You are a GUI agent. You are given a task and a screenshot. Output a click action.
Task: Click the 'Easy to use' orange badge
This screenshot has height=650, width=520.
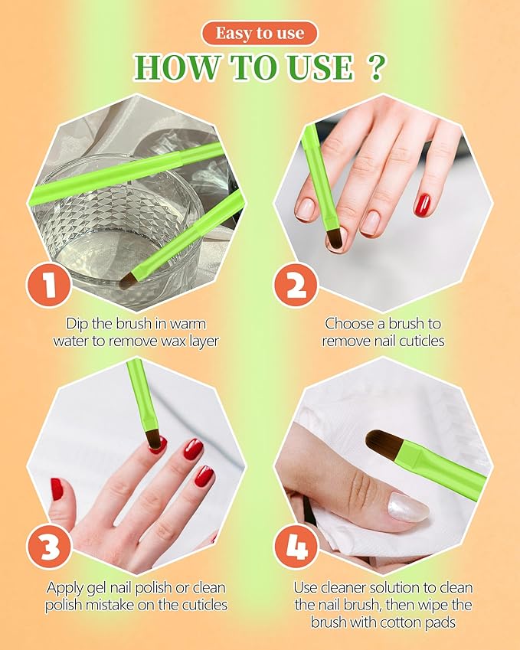[x=260, y=33]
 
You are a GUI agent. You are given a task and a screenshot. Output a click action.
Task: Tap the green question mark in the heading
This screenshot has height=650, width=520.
[x=376, y=67]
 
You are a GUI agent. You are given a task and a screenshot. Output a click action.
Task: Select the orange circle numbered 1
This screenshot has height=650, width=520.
[x=48, y=286]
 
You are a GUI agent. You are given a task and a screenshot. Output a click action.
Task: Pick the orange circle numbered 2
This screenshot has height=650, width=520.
[x=296, y=286]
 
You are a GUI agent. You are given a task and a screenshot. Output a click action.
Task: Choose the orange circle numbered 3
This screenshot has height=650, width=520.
[x=49, y=547]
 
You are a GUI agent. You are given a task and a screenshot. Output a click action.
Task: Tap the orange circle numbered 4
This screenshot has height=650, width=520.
[x=296, y=547]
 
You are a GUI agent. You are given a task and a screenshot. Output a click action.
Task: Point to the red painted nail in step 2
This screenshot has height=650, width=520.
[x=423, y=205]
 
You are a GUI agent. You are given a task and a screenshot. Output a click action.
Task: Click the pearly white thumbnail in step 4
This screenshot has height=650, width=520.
[x=407, y=507]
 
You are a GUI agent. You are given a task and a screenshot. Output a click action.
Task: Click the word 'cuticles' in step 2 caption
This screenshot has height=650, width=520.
[x=421, y=341]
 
